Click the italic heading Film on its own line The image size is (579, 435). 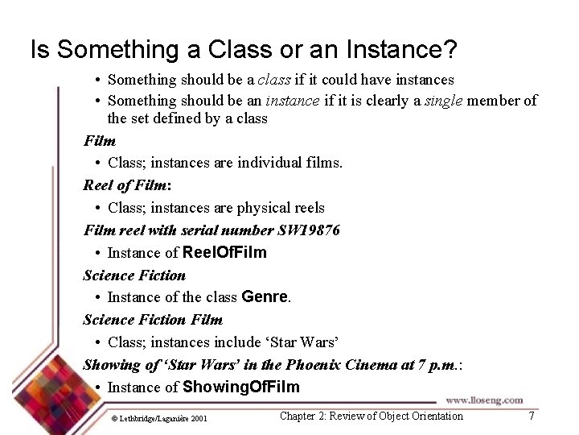pyautogui.click(x=100, y=141)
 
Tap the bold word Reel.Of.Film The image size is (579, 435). pyautogui.click(x=224, y=252)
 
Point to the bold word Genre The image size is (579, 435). pyautogui.click(x=265, y=297)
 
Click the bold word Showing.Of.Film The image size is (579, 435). pyautogui.click(x=240, y=387)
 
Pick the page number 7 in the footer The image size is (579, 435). pyautogui.click(x=531, y=416)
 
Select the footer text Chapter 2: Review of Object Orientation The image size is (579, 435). pyautogui.click(x=371, y=416)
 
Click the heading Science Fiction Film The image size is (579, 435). pyautogui.click(x=153, y=320)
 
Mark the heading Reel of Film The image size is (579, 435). pyautogui.click(x=125, y=185)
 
